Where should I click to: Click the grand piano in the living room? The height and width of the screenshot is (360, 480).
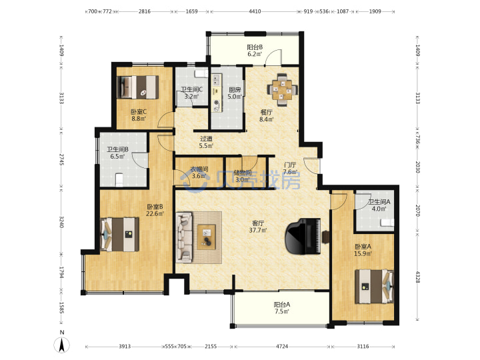pyautogui.click(x=303, y=236)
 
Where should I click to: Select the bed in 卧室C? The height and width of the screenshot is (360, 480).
pyautogui.click(x=138, y=87)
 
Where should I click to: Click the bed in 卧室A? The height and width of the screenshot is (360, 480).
pyautogui.click(x=374, y=287)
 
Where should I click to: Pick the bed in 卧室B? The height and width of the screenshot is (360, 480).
pyautogui.click(x=119, y=235)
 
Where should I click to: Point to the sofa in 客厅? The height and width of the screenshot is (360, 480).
pyautogui.click(x=184, y=237)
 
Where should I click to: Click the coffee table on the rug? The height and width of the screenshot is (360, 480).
pyautogui.click(x=207, y=237)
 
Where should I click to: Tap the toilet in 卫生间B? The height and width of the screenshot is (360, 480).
pyautogui.click(x=119, y=180)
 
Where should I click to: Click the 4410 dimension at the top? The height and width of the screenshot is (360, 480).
pyautogui.click(x=255, y=11)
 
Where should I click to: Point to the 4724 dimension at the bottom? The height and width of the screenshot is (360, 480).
pyautogui.click(x=282, y=347)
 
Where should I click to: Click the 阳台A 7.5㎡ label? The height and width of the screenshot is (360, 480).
pyautogui.click(x=281, y=308)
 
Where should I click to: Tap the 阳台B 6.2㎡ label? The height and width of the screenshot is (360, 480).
pyautogui.click(x=255, y=51)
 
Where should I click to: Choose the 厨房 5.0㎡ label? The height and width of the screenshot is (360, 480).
pyautogui.click(x=235, y=93)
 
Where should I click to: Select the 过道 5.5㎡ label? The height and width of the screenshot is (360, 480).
pyautogui.click(x=206, y=143)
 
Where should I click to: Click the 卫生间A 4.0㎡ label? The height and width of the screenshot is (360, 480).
pyautogui.click(x=379, y=205)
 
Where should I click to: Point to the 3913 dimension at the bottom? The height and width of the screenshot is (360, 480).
pyautogui.click(x=125, y=347)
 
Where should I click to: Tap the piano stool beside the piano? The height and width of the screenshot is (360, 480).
pyautogui.click(x=326, y=237)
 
